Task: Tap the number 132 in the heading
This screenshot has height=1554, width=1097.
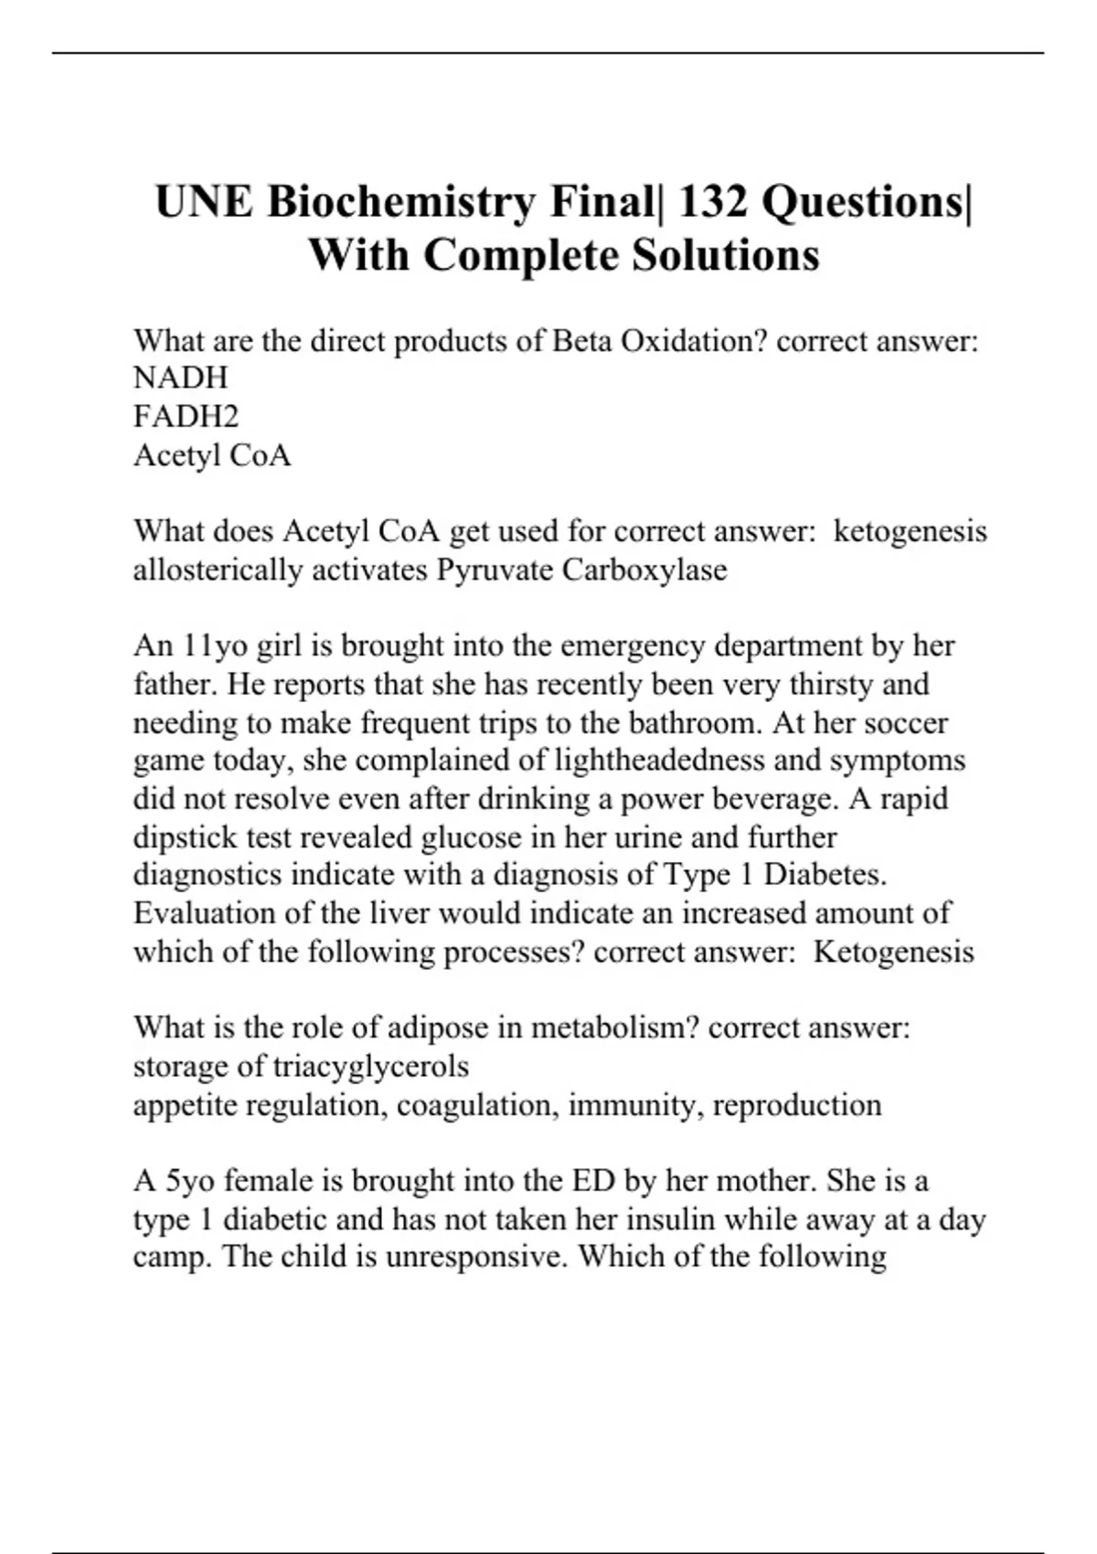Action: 708,201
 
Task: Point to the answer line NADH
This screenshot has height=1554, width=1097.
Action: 180,378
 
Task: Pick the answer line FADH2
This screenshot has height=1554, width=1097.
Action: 186,416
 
